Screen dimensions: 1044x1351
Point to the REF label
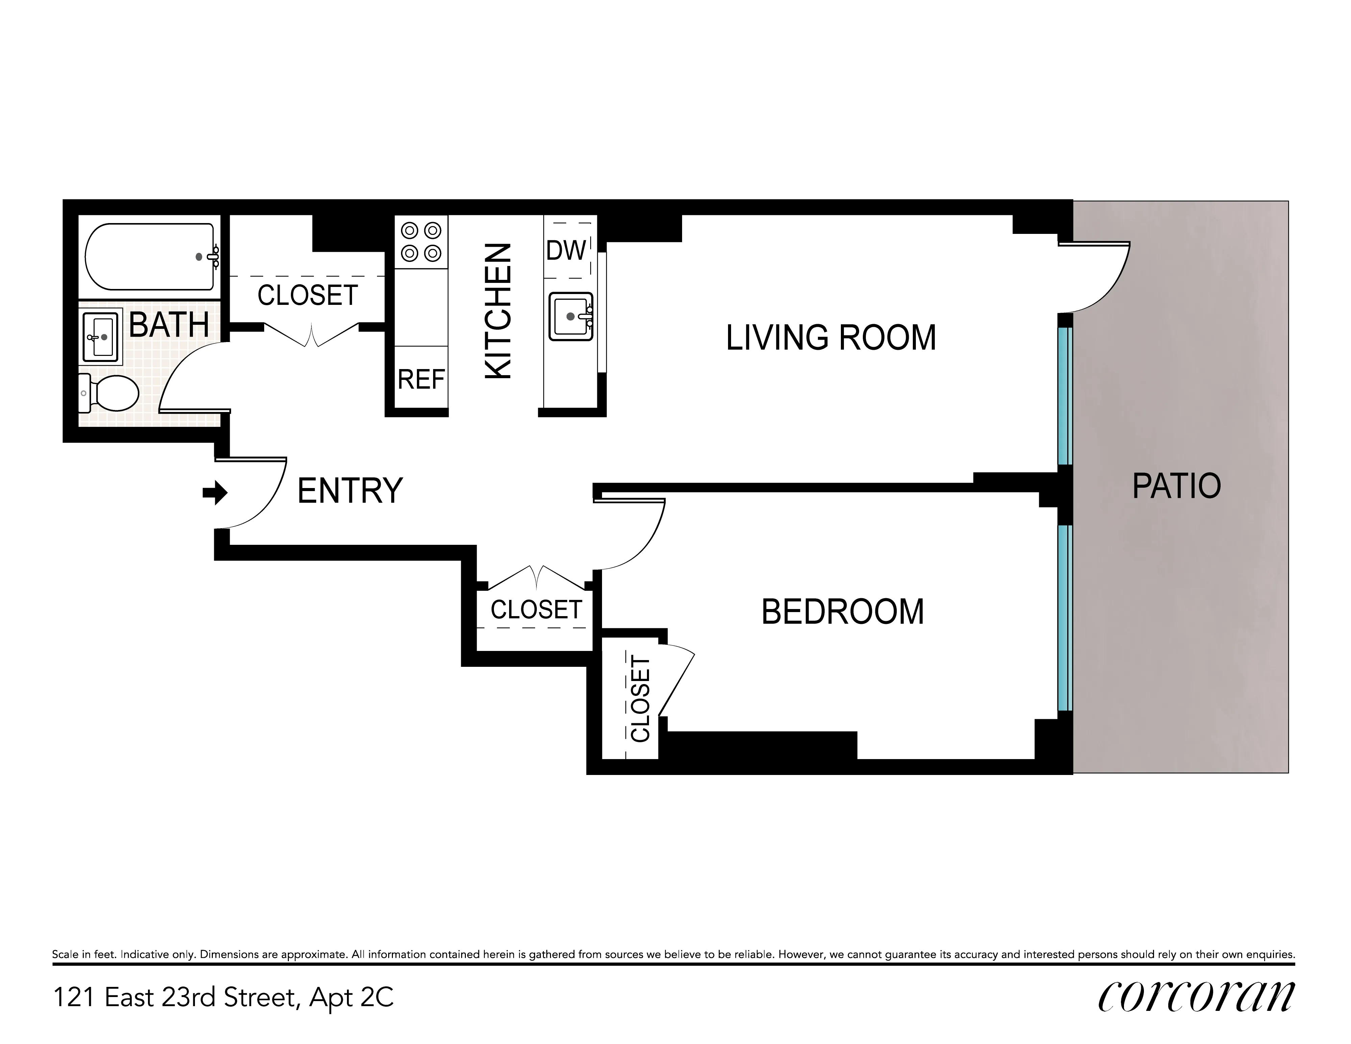pyautogui.click(x=421, y=379)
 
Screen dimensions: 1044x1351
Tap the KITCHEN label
pyautogui.click(x=498, y=311)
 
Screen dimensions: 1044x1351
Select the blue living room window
pyautogui.click(x=1064, y=396)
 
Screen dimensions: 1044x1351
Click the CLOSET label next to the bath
pyautogui.click(x=307, y=295)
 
